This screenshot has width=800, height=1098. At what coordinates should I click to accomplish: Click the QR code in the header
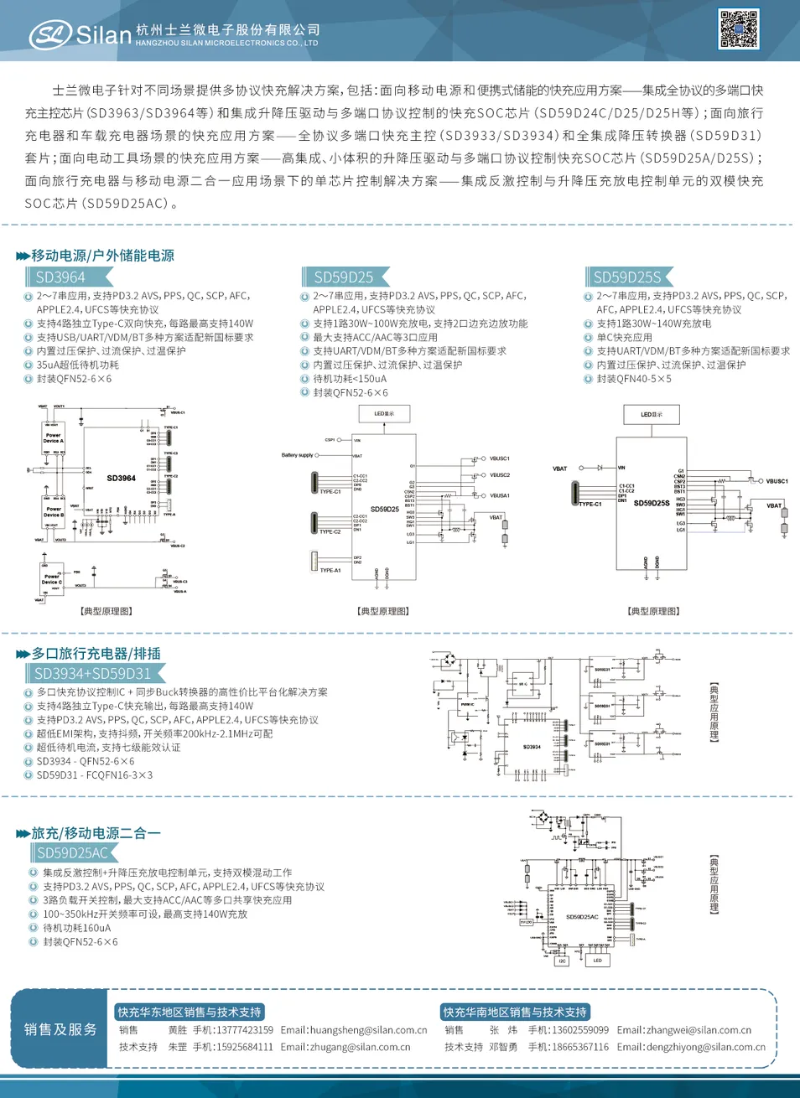pos(739,29)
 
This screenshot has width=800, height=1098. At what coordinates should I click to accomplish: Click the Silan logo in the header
pos(81,34)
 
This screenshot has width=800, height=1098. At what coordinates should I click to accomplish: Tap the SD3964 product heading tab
pos(61,277)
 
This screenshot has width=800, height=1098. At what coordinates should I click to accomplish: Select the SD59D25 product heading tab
pos(344,277)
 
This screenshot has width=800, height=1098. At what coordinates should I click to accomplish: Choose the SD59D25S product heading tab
pos(627,277)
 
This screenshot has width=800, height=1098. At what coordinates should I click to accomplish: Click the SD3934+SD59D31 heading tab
pos(93,673)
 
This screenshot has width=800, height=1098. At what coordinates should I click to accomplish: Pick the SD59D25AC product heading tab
pos(73,852)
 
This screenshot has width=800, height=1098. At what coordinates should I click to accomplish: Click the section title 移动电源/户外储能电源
pos(102,256)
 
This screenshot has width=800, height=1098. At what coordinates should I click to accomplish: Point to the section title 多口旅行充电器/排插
pos(96,654)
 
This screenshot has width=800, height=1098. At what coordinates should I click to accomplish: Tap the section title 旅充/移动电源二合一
pos(96,833)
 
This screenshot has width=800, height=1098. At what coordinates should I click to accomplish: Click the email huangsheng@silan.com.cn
pos(368,1030)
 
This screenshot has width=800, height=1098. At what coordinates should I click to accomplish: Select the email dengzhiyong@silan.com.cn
pos(705,1047)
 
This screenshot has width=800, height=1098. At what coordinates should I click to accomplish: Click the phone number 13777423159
pos(244,1030)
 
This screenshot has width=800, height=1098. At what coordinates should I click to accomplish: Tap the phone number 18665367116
pos(580,1047)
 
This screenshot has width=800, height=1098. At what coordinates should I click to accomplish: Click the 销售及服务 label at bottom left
pos(60,1029)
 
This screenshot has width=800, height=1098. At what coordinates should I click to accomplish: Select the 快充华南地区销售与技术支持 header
pos(515,1013)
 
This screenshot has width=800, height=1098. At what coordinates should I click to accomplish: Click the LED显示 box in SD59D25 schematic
pos(384,413)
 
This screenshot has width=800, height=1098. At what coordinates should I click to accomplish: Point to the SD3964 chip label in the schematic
pos(122,478)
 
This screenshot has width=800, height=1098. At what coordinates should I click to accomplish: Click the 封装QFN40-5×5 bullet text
pos(634,379)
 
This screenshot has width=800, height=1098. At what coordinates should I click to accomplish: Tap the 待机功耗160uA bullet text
pos(77,928)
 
